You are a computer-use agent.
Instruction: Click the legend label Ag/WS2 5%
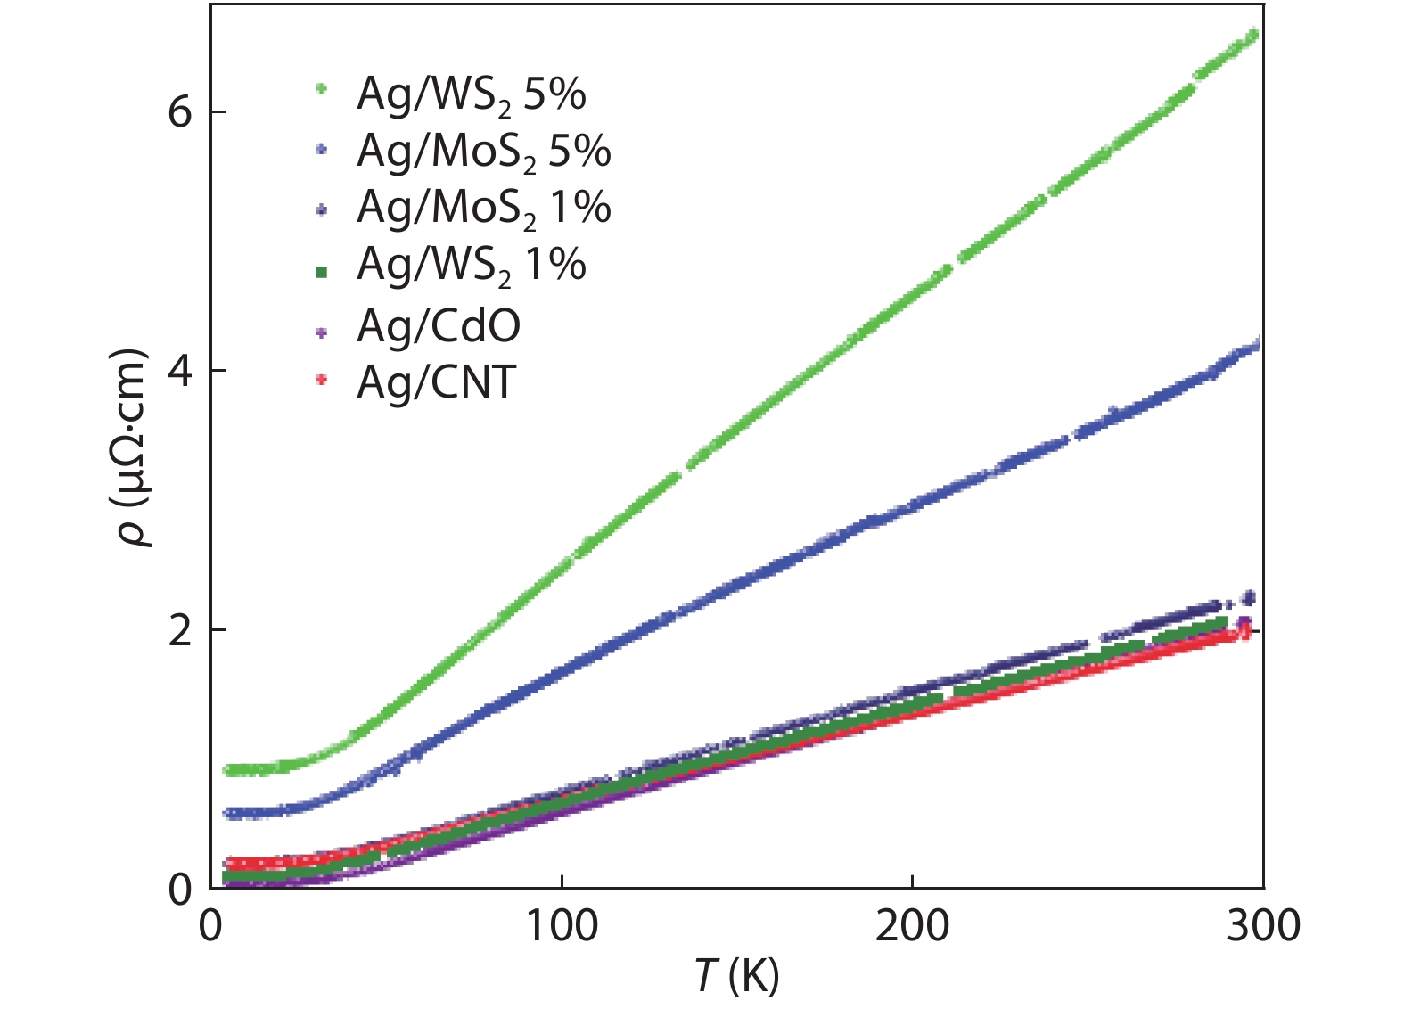(471, 94)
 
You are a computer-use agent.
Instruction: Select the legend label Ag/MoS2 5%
(483, 152)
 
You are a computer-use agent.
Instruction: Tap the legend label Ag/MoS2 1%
(483, 208)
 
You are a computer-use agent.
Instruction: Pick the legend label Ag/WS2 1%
(471, 265)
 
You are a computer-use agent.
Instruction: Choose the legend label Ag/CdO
(439, 326)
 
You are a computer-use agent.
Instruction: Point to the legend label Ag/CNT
(436, 382)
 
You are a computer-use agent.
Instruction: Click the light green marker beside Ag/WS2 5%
(322, 89)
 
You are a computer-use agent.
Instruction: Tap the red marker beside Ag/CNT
(322, 381)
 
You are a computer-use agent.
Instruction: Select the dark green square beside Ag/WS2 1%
(322, 271)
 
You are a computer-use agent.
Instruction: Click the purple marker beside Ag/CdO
(322, 332)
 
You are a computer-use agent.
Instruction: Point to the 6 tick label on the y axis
(180, 112)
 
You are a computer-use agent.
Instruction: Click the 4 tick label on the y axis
(180, 371)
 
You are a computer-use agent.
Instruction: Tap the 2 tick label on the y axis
(180, 630)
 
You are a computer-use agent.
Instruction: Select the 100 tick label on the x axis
(561, 927)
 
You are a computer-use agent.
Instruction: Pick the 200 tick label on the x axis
(912, 927)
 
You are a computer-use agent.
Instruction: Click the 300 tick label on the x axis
(1262, 927)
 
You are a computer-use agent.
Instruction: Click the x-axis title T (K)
(736, 976)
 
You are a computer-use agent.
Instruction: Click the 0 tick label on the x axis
(210, 927)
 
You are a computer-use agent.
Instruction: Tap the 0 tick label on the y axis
(180, 890)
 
